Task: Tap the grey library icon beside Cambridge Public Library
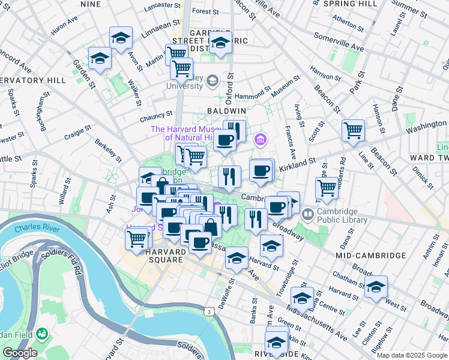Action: click(x=309, y=214)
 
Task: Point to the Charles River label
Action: click(x=37, y=228)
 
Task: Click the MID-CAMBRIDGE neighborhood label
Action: click(x=370, y=256)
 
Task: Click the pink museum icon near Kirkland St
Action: click(x=260, y=140)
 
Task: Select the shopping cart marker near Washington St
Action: click(x=353, y=130)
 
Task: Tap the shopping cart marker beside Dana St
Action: click(x=327, y=187)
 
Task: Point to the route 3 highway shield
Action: click(x=208, y=312)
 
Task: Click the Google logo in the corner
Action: click(x=20, y=353)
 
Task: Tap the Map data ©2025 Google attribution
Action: click(x=412, y=355)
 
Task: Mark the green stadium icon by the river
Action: click(x=42, y=333)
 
